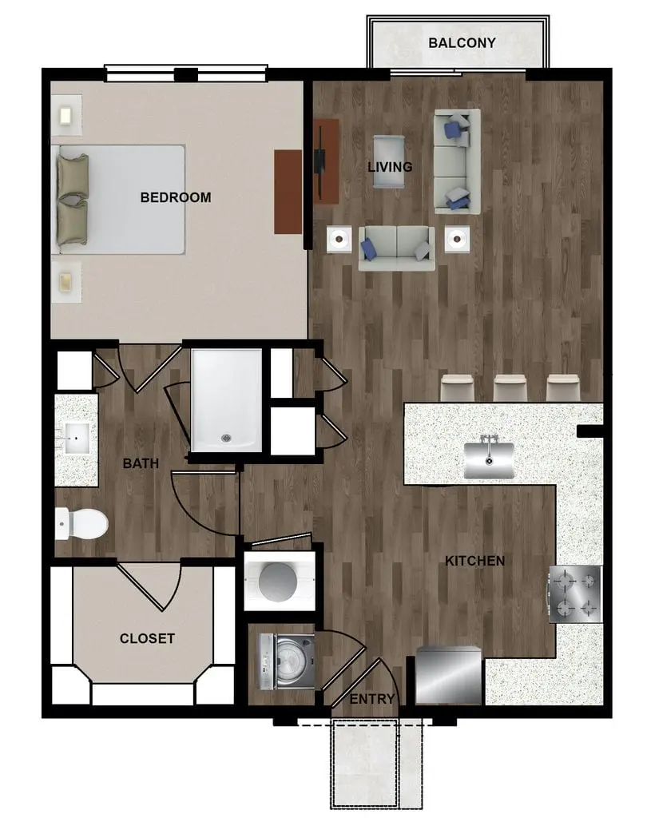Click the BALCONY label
[462, 43]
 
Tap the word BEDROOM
[176, 197]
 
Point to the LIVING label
[390, 167]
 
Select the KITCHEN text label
[474, 561]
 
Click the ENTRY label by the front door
[372, 699]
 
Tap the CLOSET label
[147, 638]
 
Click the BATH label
[141, 463]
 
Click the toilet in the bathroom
[81, 524]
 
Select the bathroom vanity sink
[77, 439]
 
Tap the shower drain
[226, 439]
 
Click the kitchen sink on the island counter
[489, 459]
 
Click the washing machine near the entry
[287, 661]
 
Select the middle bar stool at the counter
[510, 387]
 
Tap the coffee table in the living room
[389, 161]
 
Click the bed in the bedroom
[119, 199]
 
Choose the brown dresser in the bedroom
[288, 192]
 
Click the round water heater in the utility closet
[279, 582]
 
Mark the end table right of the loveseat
[457, 240]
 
